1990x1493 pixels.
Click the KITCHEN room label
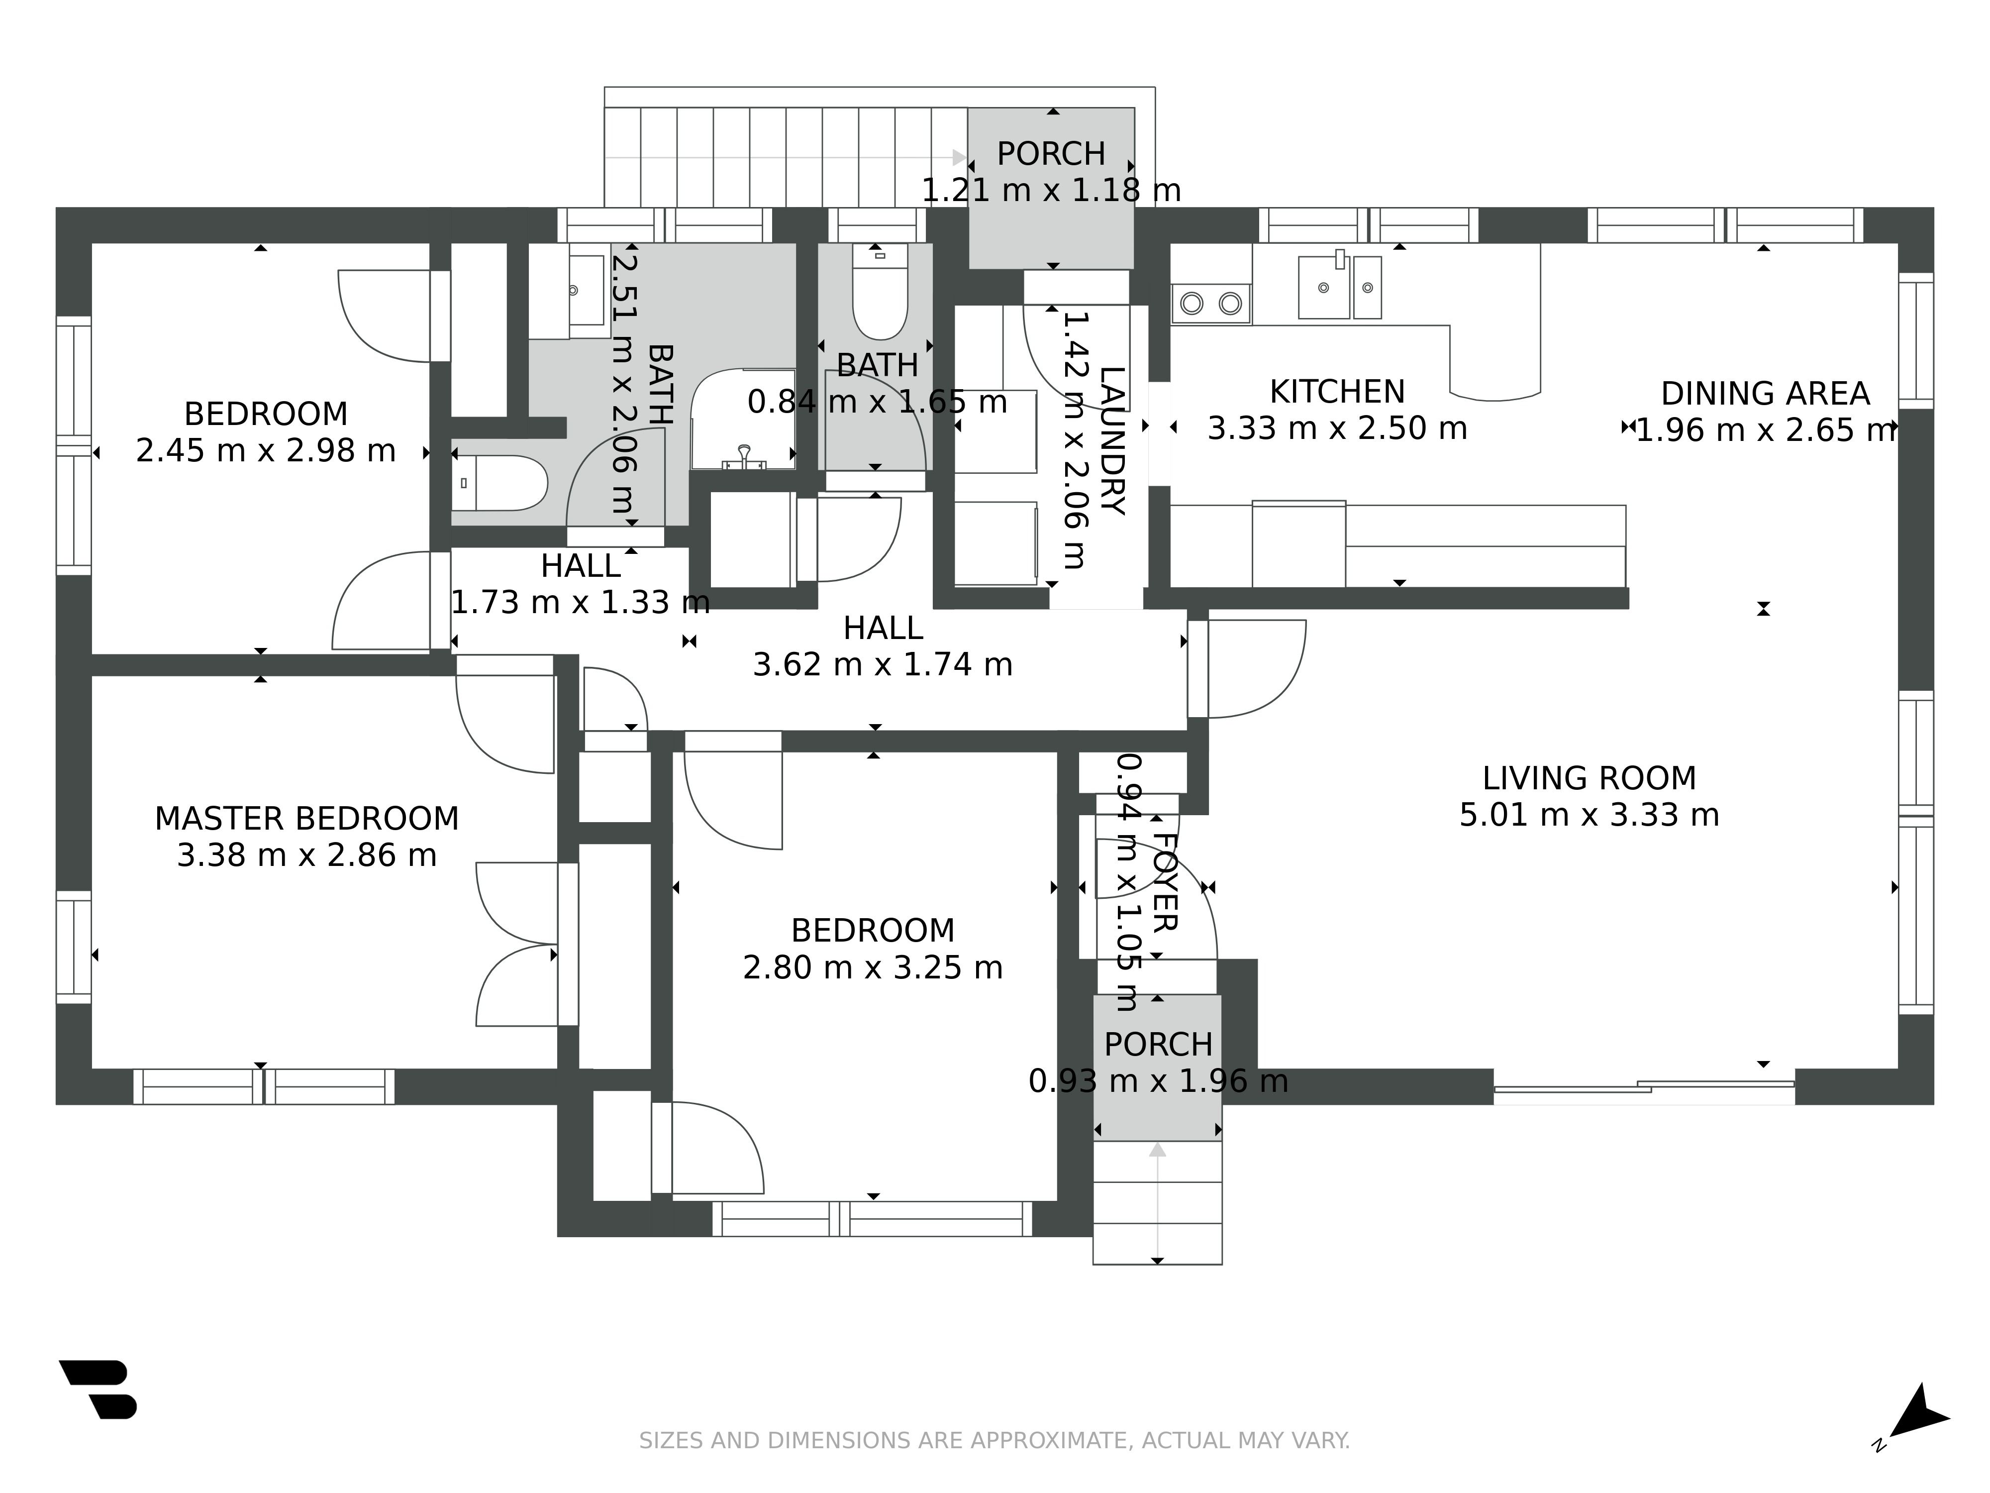1337,392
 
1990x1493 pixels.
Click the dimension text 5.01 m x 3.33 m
1589,815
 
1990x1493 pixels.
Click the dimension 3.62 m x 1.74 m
883,664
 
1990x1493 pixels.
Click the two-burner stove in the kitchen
1211,303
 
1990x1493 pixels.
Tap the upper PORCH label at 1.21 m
1051,154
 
